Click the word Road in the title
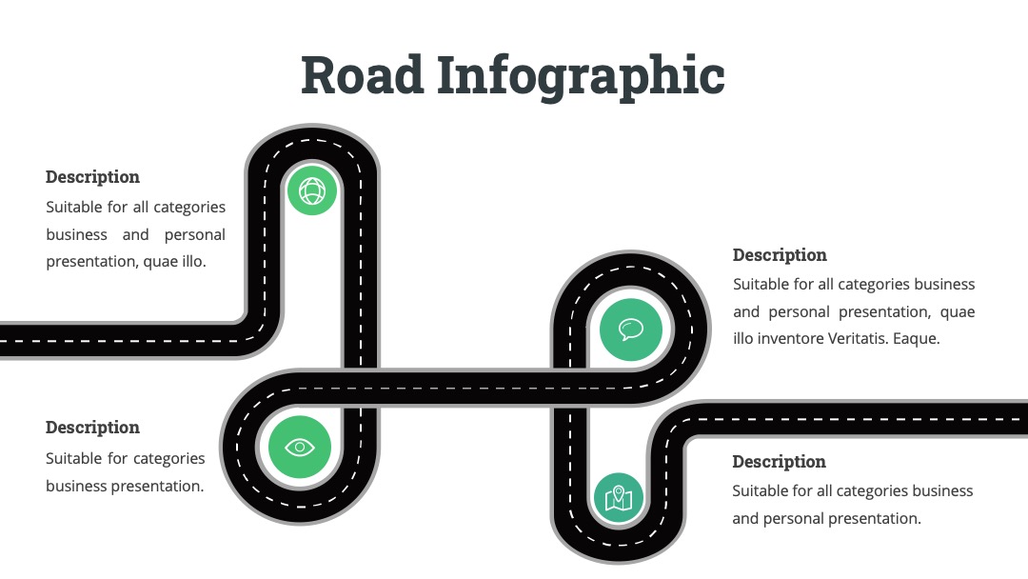coord(362,74)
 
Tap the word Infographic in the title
coord(581,77)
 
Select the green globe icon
coord(312,190)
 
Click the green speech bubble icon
coord(631,329)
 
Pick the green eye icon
coord(300,448)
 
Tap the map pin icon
coord(619,498)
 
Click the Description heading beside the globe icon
coord(92,178)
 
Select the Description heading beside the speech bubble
coord(780,256)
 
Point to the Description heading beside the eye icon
coord(92,429)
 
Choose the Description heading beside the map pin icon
coord(779,462)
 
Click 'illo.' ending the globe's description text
coord(194,261)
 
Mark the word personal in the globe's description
coord(195,235)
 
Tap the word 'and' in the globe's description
coord(136,234)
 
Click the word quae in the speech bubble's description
coord(958,312)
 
